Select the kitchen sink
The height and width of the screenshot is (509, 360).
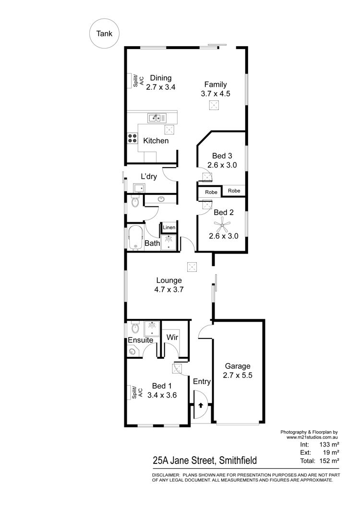tap(157, 118)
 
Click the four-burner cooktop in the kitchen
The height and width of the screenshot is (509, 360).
tap(132, 139)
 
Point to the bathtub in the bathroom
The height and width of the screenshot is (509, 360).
tap(135, 238)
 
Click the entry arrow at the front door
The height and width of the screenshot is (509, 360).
tap(201, 405)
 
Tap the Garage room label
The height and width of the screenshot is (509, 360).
tap(238, 366)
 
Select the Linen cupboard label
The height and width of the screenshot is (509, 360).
tap(169, 227)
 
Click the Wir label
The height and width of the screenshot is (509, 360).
tap(172, 337)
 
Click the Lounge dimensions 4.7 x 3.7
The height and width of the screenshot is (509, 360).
tap(169, 289)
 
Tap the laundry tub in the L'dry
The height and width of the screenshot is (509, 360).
tap(139, 188)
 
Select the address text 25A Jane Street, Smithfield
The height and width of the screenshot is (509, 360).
tap(205, 461)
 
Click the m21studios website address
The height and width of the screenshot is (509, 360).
tap(312, 437)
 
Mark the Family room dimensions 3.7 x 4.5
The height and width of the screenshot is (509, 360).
tap(216, 94)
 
